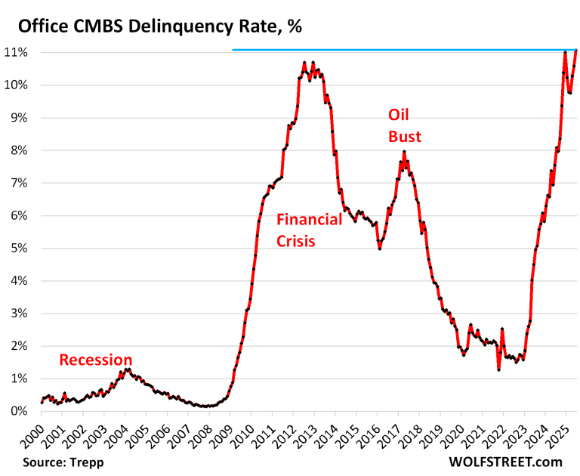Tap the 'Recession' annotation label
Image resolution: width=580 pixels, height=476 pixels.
point(96,360)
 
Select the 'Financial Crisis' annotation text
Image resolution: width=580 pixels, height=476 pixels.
point(310,230)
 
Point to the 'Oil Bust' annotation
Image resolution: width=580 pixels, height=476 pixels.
point(404,125)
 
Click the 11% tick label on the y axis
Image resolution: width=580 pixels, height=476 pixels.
point(17,53)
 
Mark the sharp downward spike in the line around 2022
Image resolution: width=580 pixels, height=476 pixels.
point(498,369)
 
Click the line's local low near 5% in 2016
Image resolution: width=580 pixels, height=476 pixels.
point(379,248)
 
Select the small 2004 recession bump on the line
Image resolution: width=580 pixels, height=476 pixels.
point(128,369)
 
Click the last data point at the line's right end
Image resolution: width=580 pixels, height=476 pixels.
point(576,51)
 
